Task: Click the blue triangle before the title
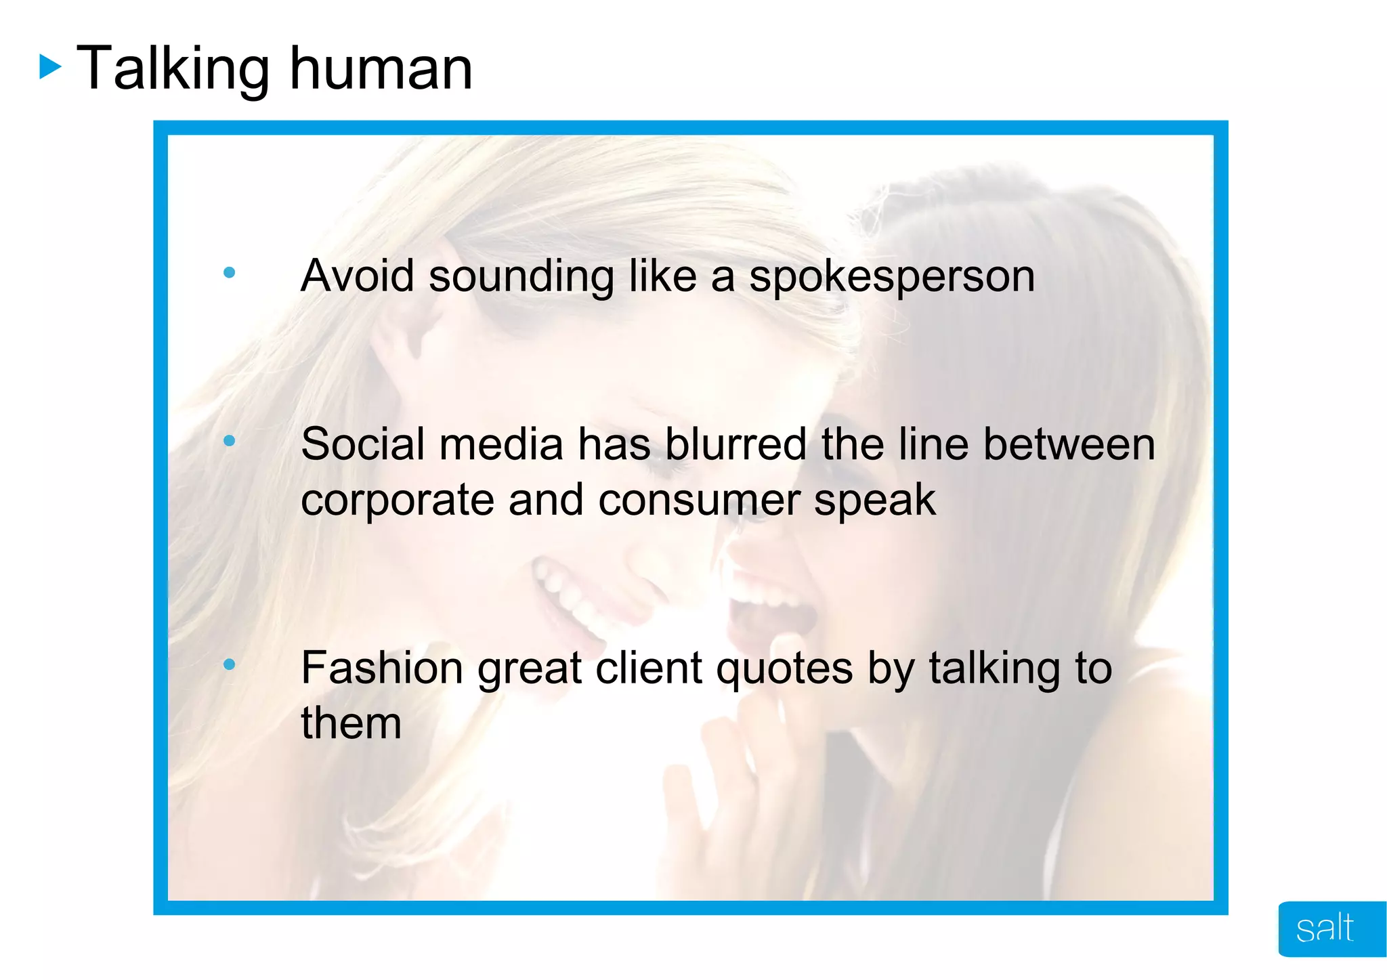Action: (49, 67)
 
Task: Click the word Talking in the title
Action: (173, 68)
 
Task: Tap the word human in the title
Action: (381, 68)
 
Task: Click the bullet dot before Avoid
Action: (229, 273)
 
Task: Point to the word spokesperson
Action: (891, 277)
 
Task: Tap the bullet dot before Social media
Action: (229, 441)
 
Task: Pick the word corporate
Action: (398, 501)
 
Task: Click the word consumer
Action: (699, 501)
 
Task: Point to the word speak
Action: (874, 501)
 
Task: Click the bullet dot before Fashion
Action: (229, 664)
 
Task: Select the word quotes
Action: (784, 669)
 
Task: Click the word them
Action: (351, 723)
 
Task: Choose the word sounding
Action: (521, 277)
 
